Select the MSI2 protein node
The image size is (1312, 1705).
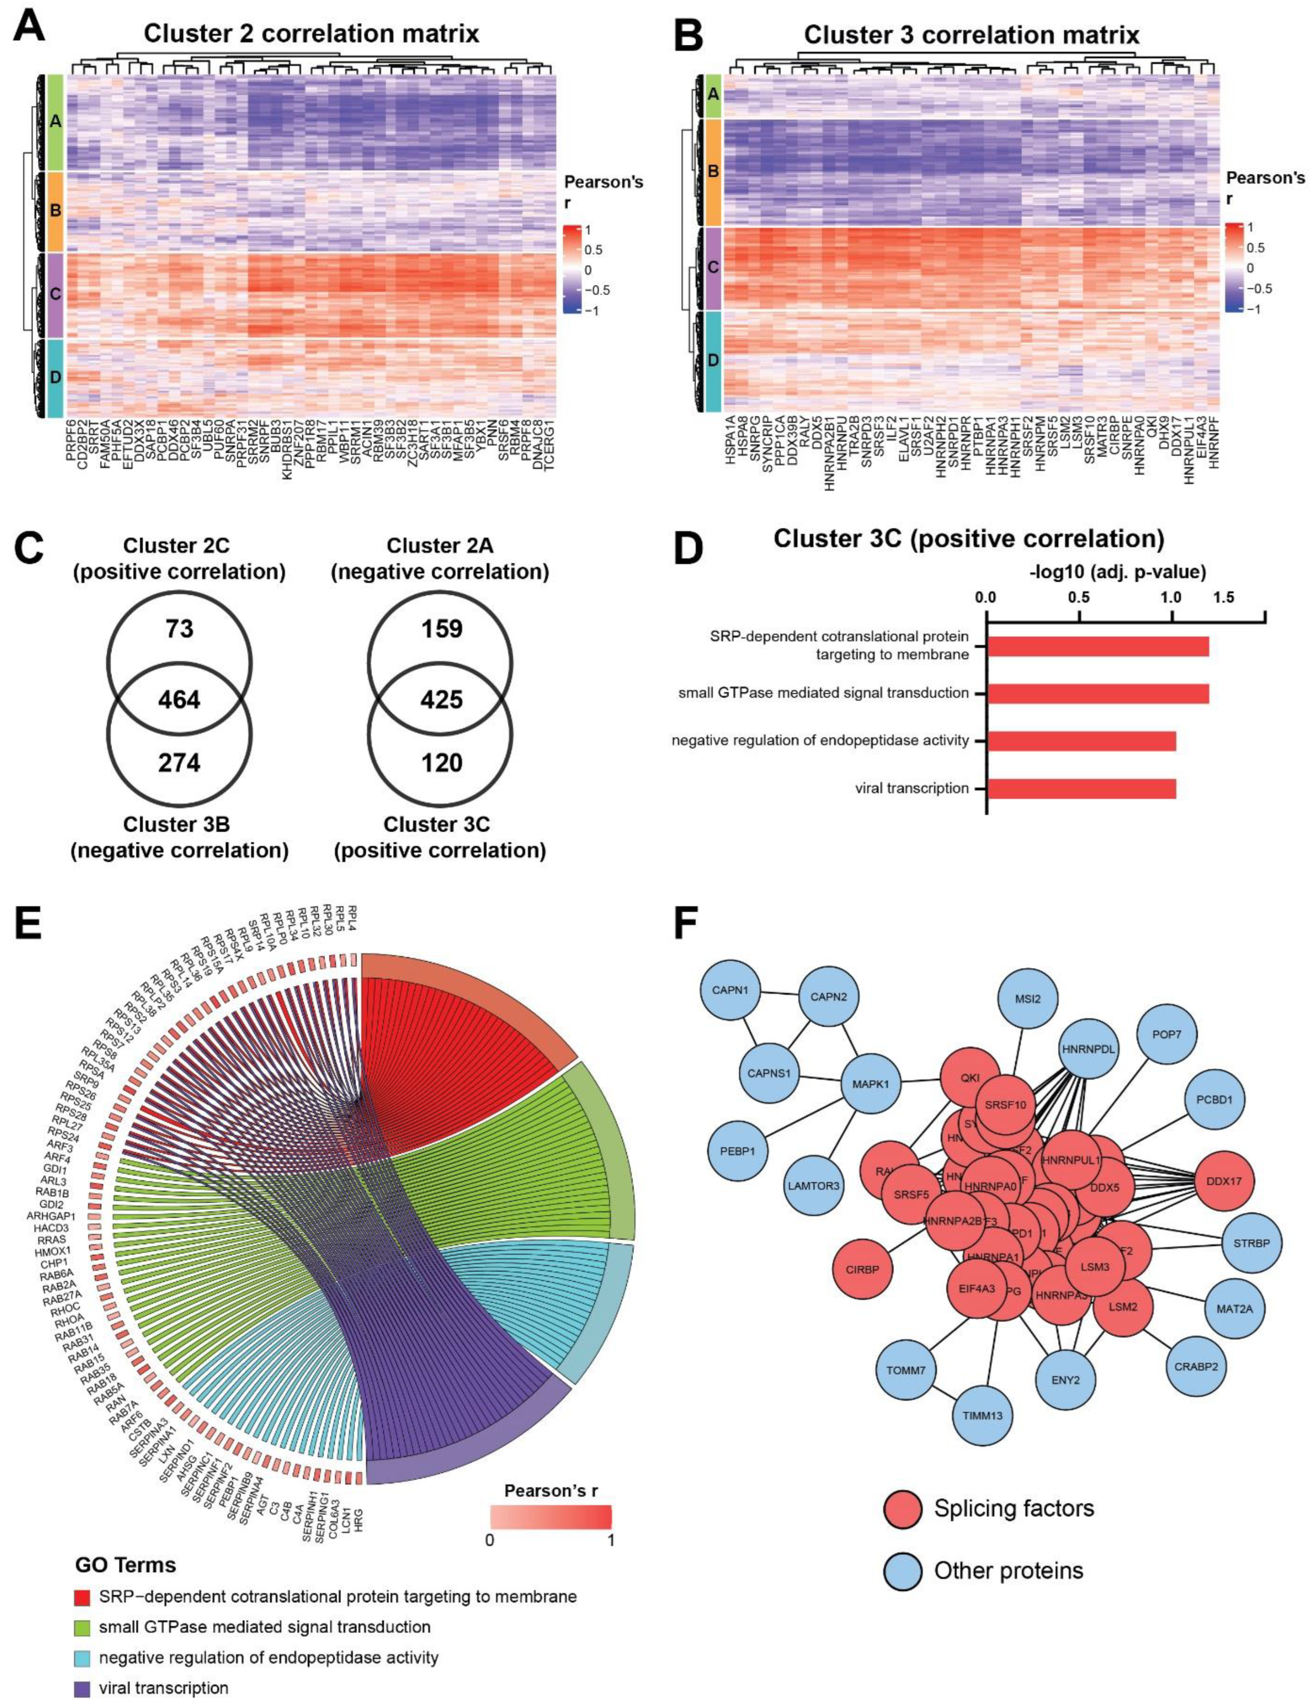coord(1028,999)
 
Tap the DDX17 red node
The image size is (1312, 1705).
coord(1224,1182)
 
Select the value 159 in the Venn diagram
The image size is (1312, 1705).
coord(442,628)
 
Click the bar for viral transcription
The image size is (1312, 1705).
coord(1081,789)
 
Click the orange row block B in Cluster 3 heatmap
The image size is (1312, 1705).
coord(712,172)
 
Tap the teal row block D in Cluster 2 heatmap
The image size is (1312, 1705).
coord(55,378)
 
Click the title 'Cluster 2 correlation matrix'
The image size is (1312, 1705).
coord(311,34)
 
